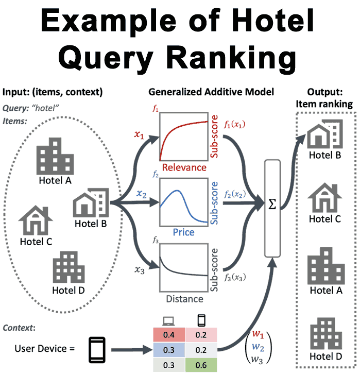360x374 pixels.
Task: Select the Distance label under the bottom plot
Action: point(184,299)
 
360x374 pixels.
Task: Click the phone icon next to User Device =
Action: point(97,349)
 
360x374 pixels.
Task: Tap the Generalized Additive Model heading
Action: point(211,92)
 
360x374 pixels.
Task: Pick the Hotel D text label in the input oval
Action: point(68,290)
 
